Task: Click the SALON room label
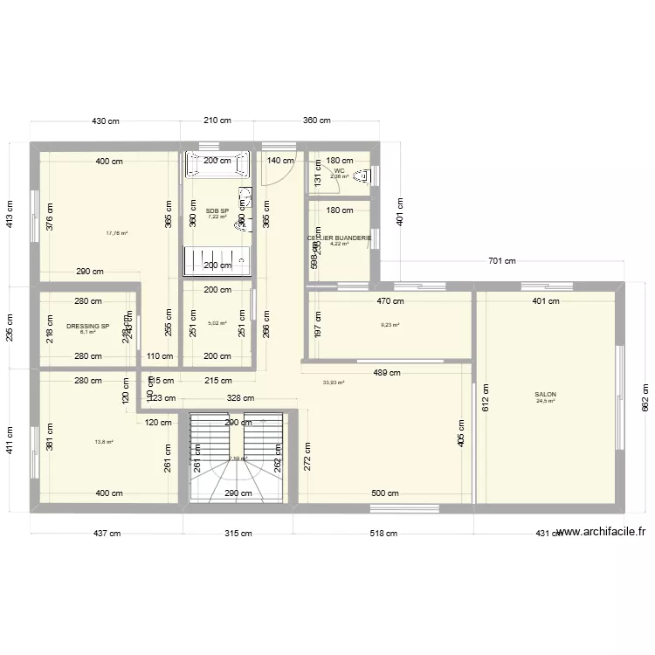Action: (x=545, y=395)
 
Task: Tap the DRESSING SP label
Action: (x=87, y=327)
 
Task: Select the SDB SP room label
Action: (x=217, y=210)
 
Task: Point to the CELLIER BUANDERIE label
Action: (x=339, y=238)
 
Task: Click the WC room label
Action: (x=339, y=171)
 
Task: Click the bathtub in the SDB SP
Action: (x=217, y=165)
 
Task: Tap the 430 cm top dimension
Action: (x=107, y=121)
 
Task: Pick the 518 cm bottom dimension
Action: (x=383, y=533)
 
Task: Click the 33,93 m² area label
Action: (x=334, y=382)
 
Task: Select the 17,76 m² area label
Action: (x=117, y=233)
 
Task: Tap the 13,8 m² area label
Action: (x=104, y=442)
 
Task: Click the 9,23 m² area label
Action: (x=390, y=326)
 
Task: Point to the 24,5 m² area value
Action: (x=545, y=402)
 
